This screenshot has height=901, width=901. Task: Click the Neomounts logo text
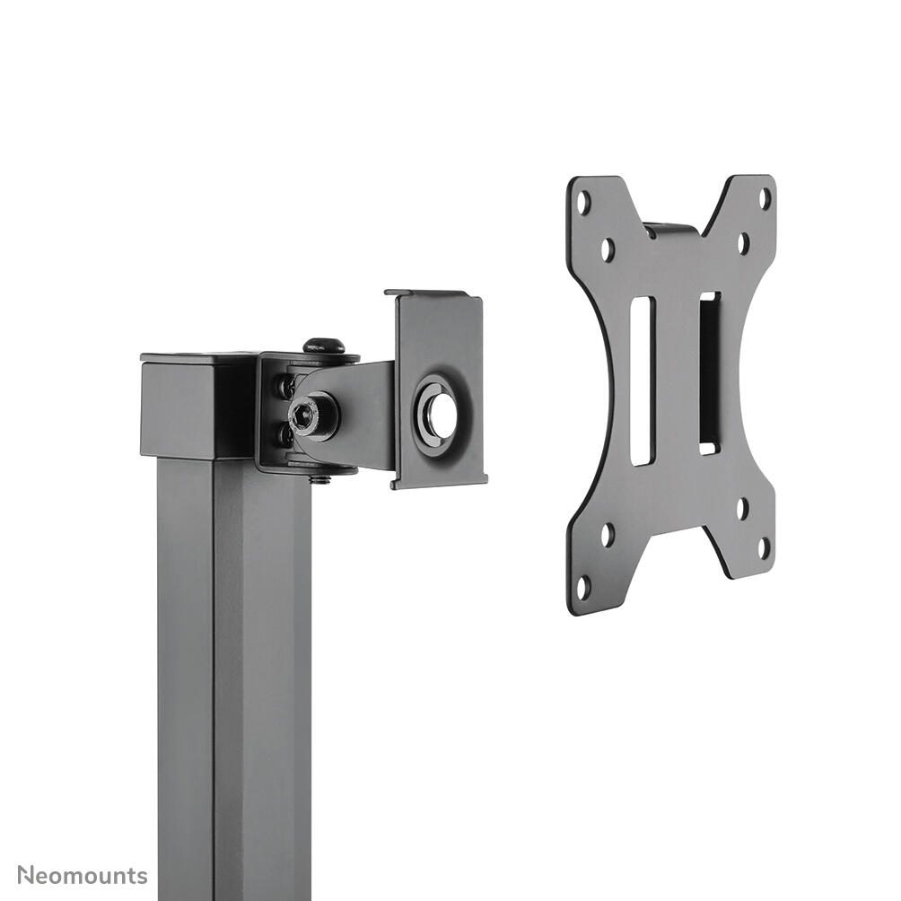[83, 875]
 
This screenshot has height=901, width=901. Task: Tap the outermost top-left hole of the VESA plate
[584, 204]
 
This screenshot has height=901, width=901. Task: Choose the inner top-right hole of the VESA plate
[743, 241]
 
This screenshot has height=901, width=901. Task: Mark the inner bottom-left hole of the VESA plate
[608, 536]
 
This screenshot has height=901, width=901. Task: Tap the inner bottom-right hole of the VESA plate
[742, 506]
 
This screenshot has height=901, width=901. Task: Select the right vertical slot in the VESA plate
[709, 372]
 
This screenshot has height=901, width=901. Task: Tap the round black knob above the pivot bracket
[324, 346]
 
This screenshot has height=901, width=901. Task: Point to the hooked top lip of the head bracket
[434, 294]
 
